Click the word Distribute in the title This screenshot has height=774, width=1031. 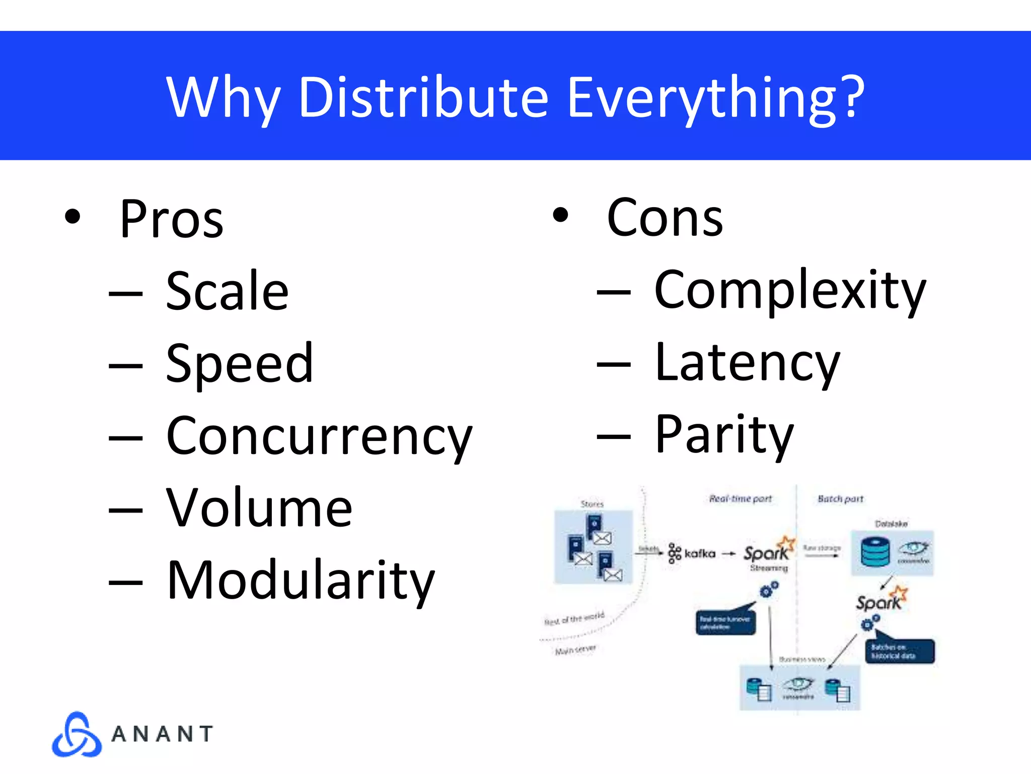[x=423, y=97]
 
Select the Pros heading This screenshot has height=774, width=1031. [x=171, y=220]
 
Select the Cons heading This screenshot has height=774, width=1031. [x=665, y=218]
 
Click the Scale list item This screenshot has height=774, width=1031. [x=227, y=291]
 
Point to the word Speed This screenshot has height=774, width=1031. [x=240, y=363]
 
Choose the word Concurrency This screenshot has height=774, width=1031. [x=319, y=436]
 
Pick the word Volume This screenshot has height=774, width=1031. [x=259, y=508]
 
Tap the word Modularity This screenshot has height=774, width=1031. [x=301, y=581]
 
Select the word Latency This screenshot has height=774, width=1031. [x=747, y=363]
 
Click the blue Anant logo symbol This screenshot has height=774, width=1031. [x=77, y=735]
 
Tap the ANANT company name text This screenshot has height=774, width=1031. [x=162, y=734]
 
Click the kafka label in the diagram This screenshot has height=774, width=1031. [x=700, y=554]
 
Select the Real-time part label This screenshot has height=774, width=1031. [x=740, y=499]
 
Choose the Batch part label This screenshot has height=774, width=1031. [x=840, y=499]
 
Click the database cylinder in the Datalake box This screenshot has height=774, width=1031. [x=875, y=552]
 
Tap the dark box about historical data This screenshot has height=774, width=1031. [x=900, y=651]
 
